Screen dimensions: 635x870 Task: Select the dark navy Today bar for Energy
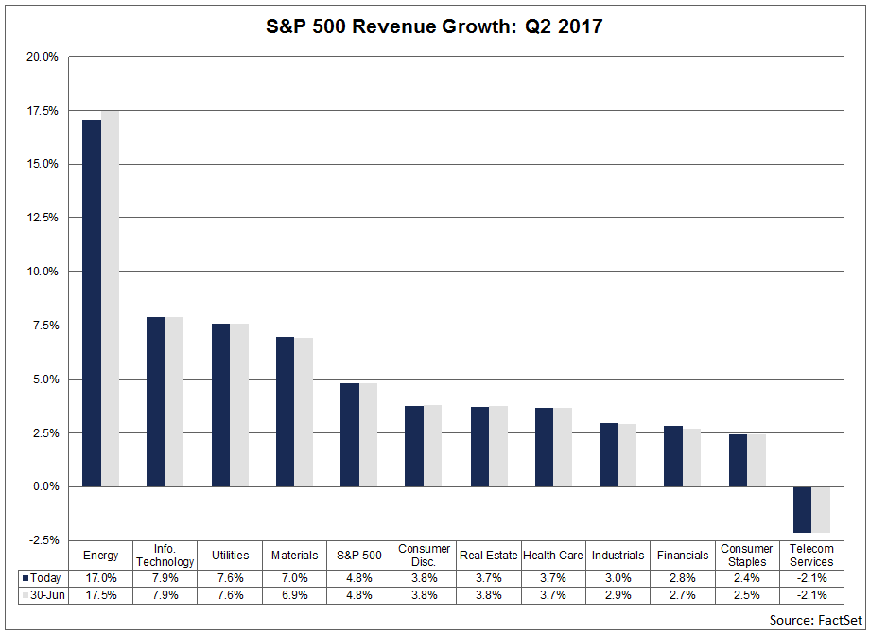tap(92, 303)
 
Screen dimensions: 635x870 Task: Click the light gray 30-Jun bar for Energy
tap(110, 298)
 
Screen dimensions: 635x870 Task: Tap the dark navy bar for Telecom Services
tap(802, 509)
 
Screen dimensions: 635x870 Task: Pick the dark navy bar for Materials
tap(286, 412)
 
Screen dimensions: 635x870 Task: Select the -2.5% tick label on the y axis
tap(43, 540)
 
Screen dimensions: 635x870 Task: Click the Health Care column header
tap(552, 556)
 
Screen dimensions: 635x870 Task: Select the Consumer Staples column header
tap(746, 556)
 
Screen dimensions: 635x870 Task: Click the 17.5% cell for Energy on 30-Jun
tap(101, 595)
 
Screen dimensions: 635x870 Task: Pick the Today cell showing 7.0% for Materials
tap(294, 577)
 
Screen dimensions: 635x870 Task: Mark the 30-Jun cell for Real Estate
tap(488, 595)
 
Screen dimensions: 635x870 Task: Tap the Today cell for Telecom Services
tap(811, 577)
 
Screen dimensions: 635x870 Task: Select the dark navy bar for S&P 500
tap(350, 434)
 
